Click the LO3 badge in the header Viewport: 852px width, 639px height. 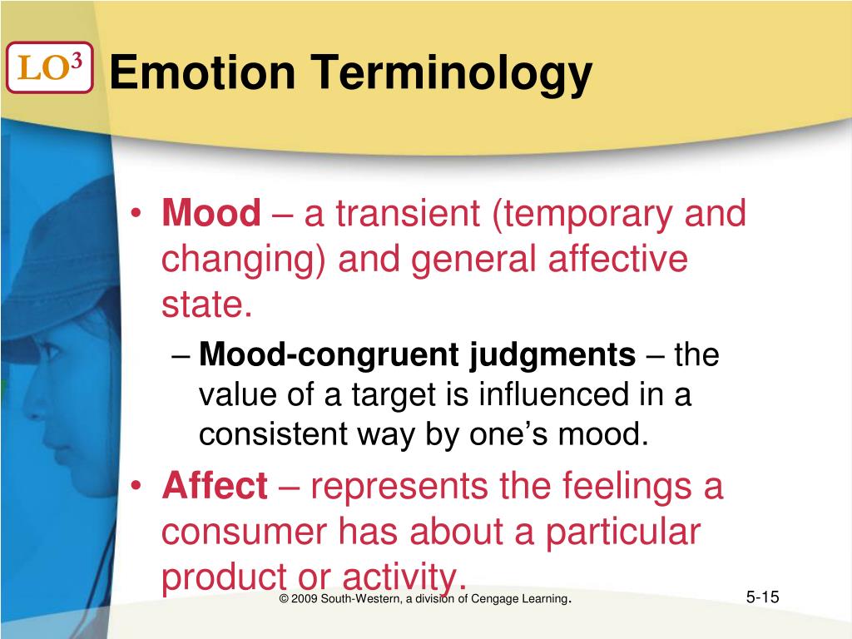[49, 67]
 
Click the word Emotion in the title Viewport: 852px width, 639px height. [203, 72]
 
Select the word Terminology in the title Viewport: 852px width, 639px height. [451, 74]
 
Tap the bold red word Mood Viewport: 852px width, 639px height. [211, 213]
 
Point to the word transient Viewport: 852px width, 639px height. [408, 213]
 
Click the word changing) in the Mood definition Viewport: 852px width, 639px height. [243, 260]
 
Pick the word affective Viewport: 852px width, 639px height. [618, 258]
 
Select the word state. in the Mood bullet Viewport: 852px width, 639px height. [207, 305]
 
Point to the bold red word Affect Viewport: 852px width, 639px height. [215, 485]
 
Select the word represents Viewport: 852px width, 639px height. [399, 488]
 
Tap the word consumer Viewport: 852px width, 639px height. [244, 532]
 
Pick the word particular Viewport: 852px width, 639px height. [622, 532]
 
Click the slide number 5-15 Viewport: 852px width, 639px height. [762, 597]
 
